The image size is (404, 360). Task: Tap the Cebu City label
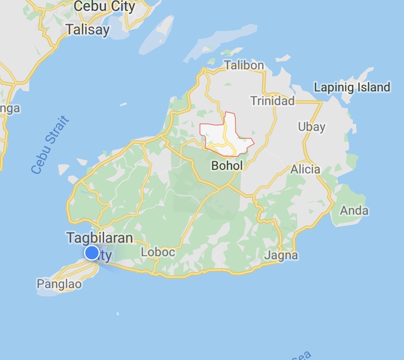point(104,6)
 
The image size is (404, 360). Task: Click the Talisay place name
point(88,30)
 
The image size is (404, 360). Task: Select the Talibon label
point(244,65)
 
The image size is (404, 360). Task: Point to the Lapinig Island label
point(352,88)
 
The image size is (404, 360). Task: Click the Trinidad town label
point(273,101)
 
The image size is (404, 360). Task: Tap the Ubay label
point(311,127)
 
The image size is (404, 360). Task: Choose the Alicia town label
point(306,170)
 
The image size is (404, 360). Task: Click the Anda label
point(354,211)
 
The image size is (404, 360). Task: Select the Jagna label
point(281,256)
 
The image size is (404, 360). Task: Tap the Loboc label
point(158,252)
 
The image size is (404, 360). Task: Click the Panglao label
point(59,284)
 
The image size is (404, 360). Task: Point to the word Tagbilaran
point(100,238)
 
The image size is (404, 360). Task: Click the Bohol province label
point(227,165)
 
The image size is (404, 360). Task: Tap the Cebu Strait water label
point(50,145)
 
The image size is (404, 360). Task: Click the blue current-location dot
point(92,253)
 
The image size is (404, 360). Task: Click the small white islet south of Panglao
point(118,313)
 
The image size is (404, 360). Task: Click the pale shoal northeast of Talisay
point(157,36)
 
